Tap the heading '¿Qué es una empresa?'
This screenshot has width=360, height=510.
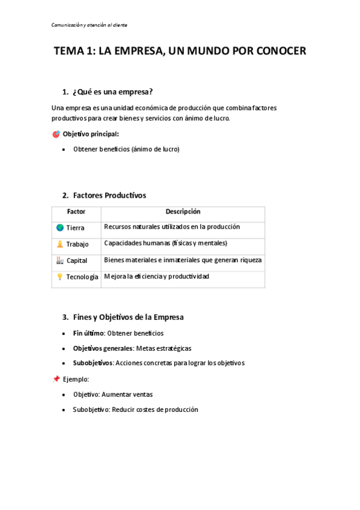click(112, 92)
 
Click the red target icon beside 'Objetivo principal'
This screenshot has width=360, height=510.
click(56, 134)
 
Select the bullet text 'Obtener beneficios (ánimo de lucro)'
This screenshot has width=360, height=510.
click(126, 149)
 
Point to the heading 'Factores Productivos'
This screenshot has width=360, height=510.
click(109, 195)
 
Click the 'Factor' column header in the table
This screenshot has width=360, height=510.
click(76, 212)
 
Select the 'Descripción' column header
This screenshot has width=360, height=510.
click(183, 212)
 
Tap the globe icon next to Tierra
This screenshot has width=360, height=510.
click(59, 228)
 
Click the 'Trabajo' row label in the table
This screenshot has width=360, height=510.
click(77, 244)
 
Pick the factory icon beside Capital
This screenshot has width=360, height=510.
click(59, 260)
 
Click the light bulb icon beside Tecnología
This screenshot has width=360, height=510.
click(59, 277)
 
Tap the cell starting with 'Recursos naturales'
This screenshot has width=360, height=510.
click(172, 227)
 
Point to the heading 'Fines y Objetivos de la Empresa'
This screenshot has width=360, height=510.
click(128, 317)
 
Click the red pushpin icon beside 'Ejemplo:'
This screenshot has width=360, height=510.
click(56, 379)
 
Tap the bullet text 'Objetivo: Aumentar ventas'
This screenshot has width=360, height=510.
click(113, 395)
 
